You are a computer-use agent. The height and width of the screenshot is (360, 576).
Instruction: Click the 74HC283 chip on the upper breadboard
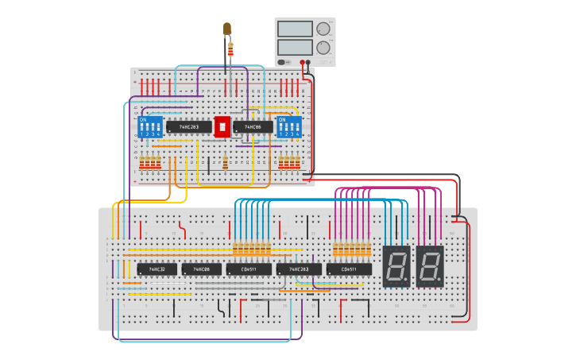coord(189,126)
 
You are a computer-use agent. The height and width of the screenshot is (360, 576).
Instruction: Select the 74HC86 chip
coord(253,126)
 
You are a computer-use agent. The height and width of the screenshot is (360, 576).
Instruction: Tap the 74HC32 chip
coord(157,269)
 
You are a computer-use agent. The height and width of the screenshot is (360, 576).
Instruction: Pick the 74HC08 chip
coord(201,269)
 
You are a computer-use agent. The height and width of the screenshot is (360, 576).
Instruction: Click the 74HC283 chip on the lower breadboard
coord(299,269)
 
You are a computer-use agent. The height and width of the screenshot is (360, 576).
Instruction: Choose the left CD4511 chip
coord(249,269)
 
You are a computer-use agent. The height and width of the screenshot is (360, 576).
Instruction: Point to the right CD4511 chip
coord(349,269)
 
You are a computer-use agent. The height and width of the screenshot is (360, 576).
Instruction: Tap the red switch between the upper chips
coord(222,126)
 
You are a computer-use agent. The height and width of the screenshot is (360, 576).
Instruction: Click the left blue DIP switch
coord(151,126)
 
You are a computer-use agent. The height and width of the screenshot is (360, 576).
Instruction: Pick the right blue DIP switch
coord(289,126)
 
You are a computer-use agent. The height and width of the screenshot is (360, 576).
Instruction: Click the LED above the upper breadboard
coord(227,29)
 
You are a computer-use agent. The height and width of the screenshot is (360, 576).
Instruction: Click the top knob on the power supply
coord(323,29)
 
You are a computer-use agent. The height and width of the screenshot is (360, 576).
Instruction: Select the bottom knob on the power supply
coord(323,48)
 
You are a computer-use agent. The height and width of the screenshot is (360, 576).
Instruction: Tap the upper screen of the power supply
coord(295,29)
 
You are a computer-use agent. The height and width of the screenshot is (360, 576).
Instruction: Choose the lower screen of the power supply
coord(295,47)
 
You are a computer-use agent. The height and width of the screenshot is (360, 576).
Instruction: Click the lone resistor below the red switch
coord(226,164)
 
